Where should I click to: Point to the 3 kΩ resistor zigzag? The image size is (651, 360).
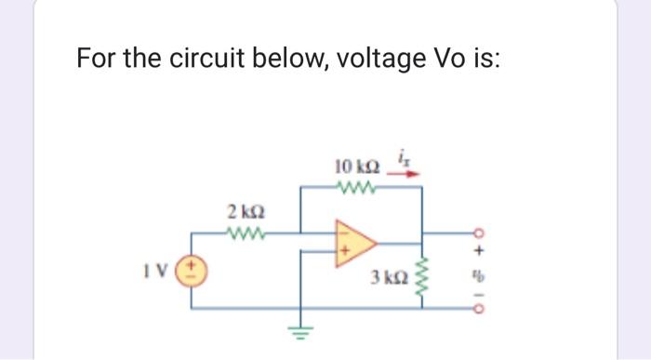tap(424, 275)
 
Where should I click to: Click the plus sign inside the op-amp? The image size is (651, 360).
tap(345, 250)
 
